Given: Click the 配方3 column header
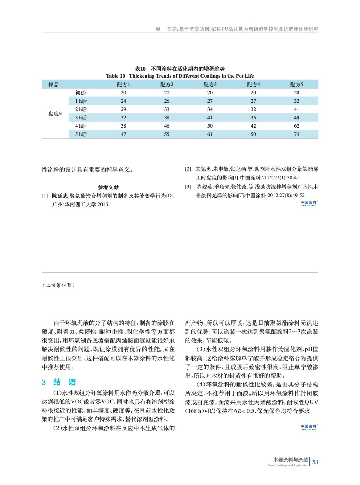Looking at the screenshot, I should coord(210,85).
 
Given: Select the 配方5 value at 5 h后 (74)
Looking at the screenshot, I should coord(296,134).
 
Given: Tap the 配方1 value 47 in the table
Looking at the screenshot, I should coord(123,134).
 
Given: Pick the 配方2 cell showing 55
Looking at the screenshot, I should coord(167,134).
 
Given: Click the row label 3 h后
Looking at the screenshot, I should coord(81,118).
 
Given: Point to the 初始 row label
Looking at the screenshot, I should coord(81,93).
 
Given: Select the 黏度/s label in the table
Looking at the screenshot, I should coord(55,114).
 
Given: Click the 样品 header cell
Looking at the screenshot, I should coord(53,85).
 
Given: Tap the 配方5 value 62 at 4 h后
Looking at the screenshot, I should coord(296,126).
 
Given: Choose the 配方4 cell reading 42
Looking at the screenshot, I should coord(253,126).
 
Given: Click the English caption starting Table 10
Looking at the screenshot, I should coord(180,76).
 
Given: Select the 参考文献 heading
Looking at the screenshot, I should coord(108,187).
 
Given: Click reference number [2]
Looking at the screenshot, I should coord(188,169).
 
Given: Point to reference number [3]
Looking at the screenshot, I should coord(188,186).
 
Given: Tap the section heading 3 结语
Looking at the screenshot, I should coord(59,382).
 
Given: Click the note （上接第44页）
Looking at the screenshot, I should coord(58,285).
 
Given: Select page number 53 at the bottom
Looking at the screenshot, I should coord(315,462).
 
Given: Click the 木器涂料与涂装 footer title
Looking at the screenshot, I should coord(290,460).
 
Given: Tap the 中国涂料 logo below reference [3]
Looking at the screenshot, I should coord(308,203).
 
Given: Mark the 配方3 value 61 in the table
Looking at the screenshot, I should coord(210,134).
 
